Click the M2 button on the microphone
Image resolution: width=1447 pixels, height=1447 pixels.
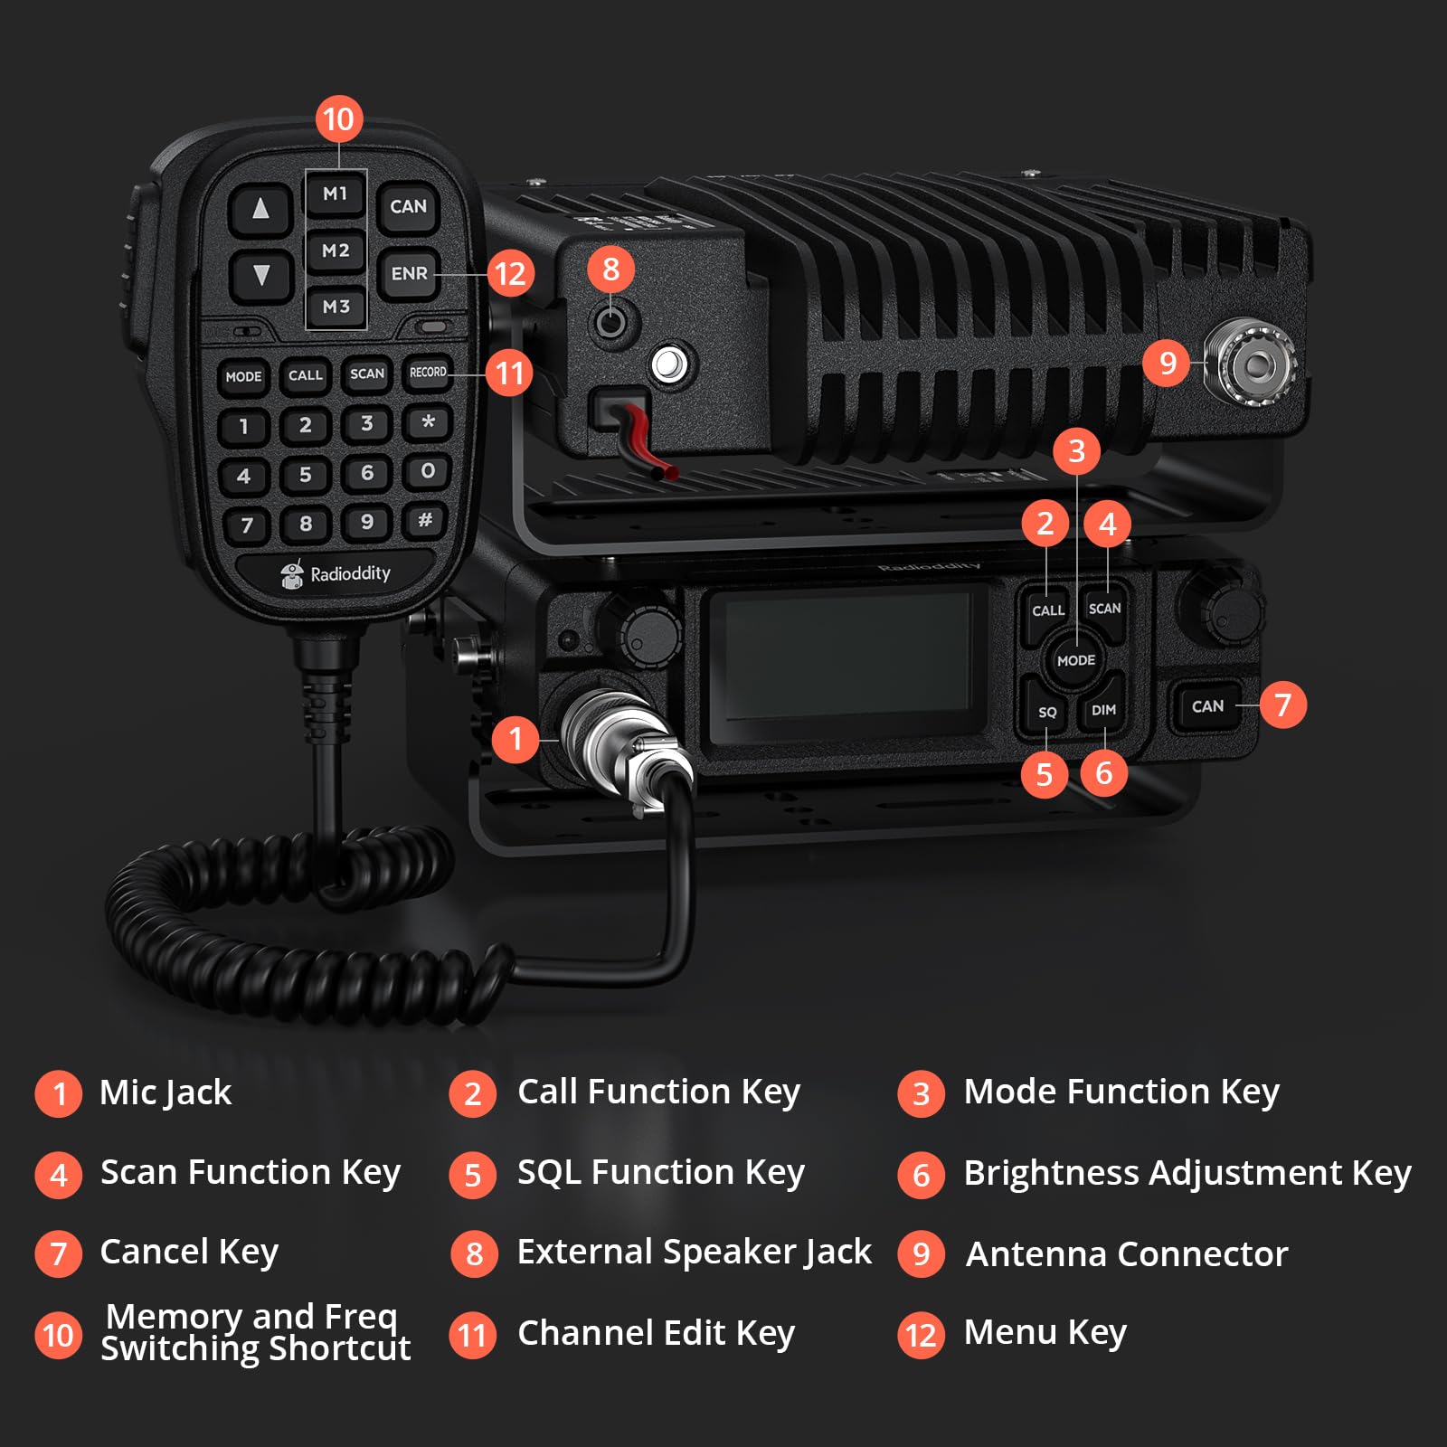336,251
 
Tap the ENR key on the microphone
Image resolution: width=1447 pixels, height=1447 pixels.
409,273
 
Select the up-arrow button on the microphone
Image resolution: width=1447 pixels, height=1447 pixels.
260,209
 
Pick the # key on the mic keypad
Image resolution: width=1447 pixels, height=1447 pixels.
425,520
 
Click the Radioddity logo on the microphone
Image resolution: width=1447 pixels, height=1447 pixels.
336,574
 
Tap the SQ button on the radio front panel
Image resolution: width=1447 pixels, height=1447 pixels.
1047,712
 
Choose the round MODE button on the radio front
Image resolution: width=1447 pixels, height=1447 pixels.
1076,660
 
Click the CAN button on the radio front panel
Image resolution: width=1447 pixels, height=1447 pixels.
1207,706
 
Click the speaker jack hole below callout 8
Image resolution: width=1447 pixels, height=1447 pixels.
611,320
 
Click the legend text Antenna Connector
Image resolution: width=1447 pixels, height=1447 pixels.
1127,1254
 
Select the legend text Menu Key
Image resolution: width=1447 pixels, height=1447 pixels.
1045,1333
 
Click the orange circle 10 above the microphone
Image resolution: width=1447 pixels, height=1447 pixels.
338,119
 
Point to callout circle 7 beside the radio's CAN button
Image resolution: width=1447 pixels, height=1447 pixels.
1282,705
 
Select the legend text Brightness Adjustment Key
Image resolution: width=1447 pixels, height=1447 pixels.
1187,1173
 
